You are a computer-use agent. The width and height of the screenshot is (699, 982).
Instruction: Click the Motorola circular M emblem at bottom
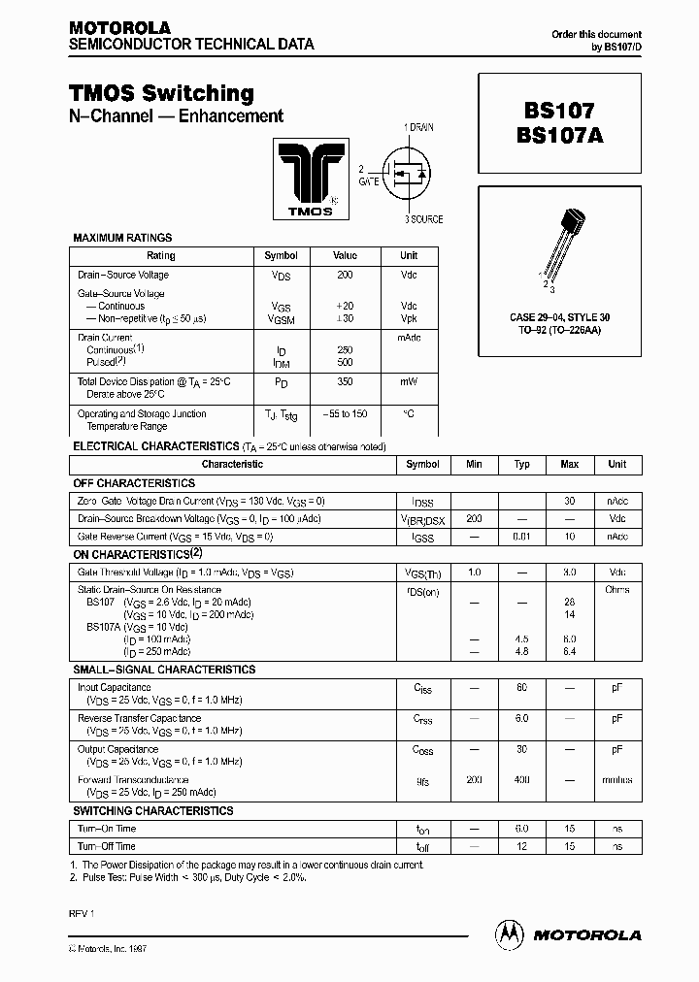point(510,933)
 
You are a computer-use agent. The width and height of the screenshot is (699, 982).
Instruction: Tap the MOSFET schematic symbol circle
point(409,174)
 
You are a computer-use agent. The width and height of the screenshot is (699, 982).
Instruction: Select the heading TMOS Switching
point(161,93)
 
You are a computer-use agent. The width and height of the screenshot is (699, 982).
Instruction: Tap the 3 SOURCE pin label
point(424,219)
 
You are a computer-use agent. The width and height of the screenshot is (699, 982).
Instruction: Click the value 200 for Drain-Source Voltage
point(345,276)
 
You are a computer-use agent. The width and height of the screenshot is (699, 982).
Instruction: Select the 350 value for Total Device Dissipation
point(345,382)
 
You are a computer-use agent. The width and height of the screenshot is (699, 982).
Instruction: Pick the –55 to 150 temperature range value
point(345,413)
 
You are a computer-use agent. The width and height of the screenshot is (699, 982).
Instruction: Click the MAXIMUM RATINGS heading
point(122,237)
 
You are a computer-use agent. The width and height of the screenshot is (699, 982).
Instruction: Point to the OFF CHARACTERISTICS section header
point(134,482)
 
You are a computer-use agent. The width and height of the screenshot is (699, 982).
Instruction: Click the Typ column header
point(521,464)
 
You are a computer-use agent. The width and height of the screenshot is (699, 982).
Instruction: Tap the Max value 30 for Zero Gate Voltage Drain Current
point(569,501)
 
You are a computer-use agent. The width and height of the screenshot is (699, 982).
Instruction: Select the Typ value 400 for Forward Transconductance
point(521,780)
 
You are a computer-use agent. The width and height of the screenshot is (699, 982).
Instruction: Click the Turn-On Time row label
point(107,829)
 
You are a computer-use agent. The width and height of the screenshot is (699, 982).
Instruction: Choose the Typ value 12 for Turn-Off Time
point(521,846)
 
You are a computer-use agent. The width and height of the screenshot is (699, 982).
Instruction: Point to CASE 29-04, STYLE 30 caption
point(559,317)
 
